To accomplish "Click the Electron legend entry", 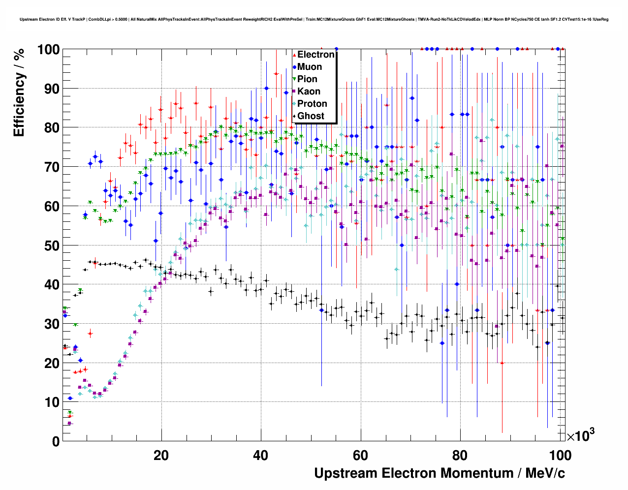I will pyautogui.click(x=315, y=55).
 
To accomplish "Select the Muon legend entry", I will pyautogui.click(x=310, y=67).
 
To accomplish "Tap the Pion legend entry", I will pyautogui.click(x=307, y=79).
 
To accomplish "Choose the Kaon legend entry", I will pyautogui.click(x=309, y=92).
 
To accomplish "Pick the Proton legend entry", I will pyautogui.click(x=312, y=104).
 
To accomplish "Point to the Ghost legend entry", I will pyautogui.click(x=311, y=116).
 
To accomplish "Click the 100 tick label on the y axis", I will pyautogui.click(x=48, y=50).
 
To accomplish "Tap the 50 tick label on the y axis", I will pyautogui.click(x=52, y=245).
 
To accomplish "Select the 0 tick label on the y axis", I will pyautogui.click(x=56, y=441).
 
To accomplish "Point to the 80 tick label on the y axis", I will pyautogui.click(x=52, y=128).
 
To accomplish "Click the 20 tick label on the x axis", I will pyautogui.click(x=161, y=456).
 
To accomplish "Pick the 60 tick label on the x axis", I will pyautogui.click(x=361, y=456).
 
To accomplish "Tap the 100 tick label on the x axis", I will pyautogui.click(x=560, y=456).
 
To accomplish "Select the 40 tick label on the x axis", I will pyautogui.click(x=261, y=456).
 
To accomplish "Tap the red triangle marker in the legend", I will pyautogui.click(x=294, y=55).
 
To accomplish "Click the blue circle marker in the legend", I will pyautogui.click(x=294, y=67).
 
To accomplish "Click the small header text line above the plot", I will pyautogui.click(x=314, y=19).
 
